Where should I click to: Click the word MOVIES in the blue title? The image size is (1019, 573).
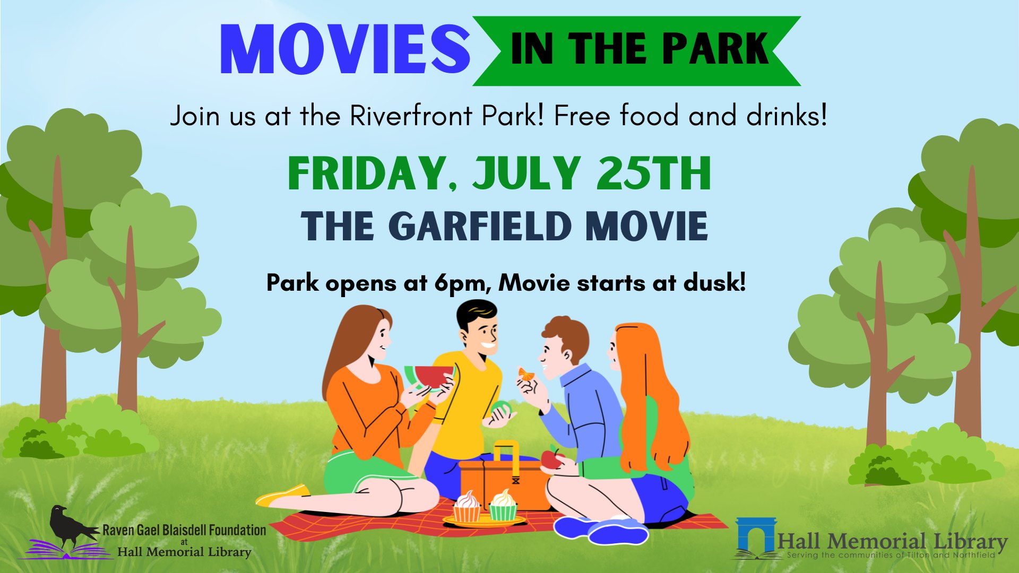point(345,49)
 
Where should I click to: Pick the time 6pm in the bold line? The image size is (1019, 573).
point(462,283)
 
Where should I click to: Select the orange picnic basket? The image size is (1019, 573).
point(504,477)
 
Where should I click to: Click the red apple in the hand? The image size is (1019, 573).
point(552,458)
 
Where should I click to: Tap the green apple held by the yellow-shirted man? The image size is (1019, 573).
point(501,410)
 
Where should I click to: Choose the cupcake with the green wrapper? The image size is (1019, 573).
point(503,505)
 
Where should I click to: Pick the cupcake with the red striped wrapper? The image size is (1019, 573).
point(467,506)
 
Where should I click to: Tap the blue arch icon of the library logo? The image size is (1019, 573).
point(757,536)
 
